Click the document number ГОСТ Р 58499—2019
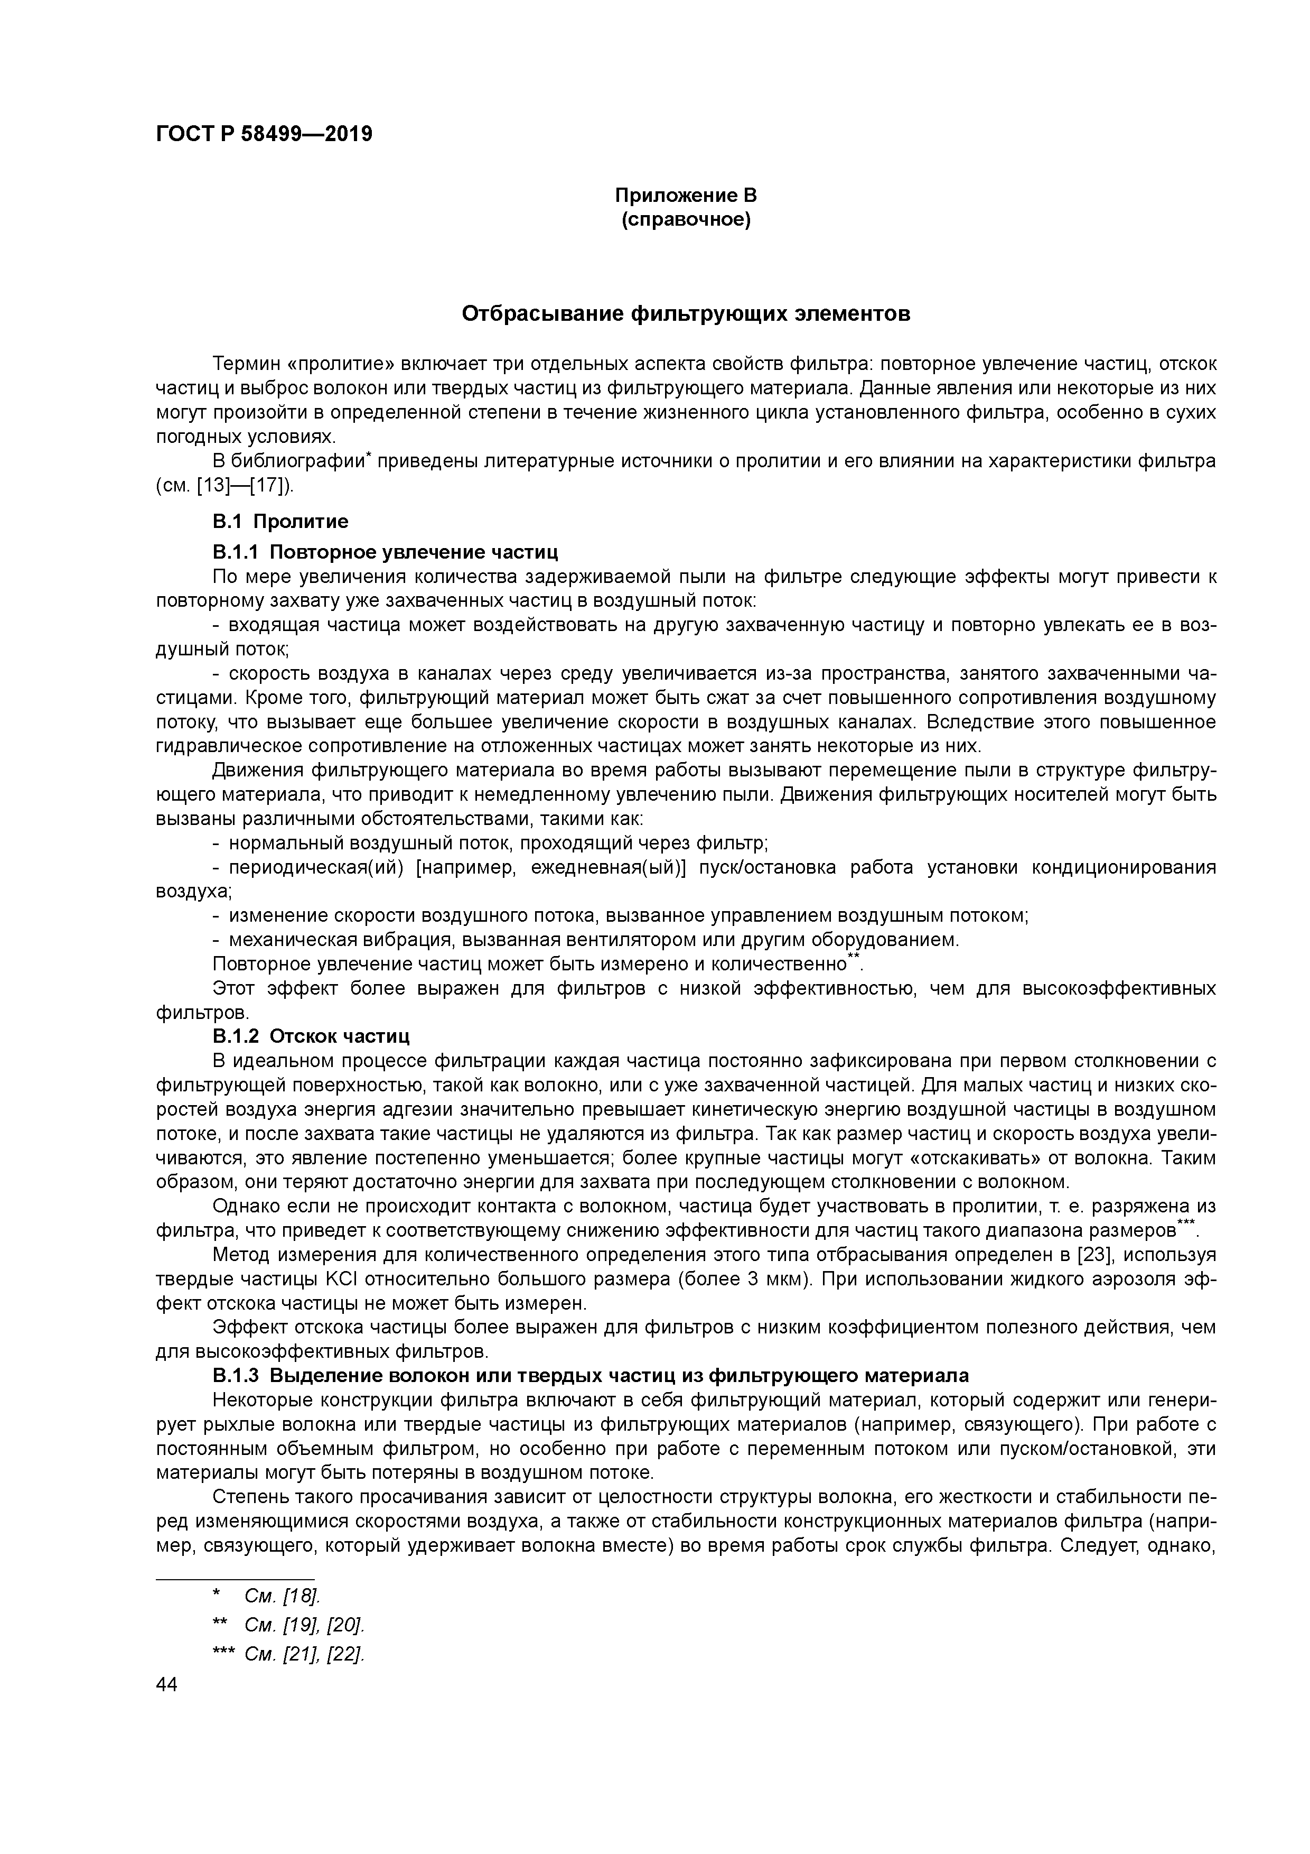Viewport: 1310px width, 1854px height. tap(264, 134)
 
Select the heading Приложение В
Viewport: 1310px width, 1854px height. tap(685, 196)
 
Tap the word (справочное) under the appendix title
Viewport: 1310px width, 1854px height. tap(685, 220)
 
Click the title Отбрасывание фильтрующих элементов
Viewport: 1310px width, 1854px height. tap(685, 313)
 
